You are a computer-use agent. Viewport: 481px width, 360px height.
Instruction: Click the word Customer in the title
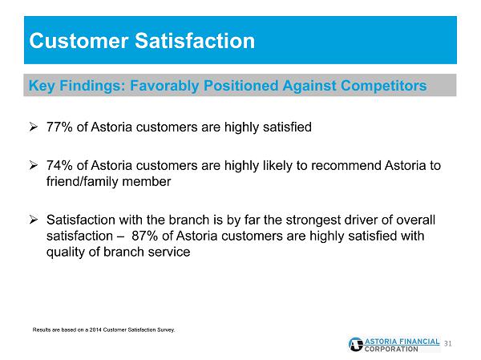79,41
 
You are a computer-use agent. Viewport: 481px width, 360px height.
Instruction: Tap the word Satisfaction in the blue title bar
195,41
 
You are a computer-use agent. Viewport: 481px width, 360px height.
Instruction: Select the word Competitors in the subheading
384,85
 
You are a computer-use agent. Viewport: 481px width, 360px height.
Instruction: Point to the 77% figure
59,127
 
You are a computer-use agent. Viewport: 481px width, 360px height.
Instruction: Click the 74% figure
59,165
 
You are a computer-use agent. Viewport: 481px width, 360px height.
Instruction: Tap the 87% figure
145,236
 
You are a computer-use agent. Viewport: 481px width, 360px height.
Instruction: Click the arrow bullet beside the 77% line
34,127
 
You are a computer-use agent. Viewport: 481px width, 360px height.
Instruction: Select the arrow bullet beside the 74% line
34,165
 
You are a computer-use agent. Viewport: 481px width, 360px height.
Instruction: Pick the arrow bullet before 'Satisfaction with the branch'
34,220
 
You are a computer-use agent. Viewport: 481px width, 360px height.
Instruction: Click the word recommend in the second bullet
346,165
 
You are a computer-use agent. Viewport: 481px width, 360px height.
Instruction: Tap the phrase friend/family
83,182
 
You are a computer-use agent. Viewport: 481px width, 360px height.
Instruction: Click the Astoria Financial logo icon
355,344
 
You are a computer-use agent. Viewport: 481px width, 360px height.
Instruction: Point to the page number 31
448,343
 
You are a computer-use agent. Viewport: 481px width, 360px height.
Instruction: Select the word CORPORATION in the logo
391,350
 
